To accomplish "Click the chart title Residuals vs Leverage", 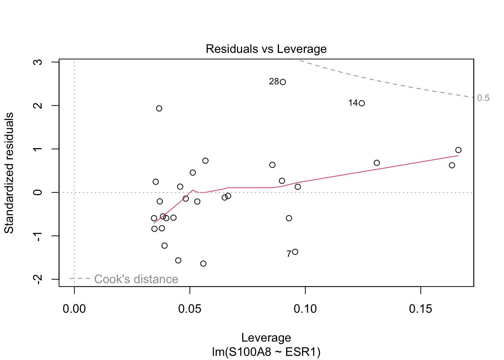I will click(266, 49).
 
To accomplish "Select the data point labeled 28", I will click(283, 82).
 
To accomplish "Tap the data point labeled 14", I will click(361, 103).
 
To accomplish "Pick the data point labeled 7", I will click(295, 252).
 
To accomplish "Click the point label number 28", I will click(274, 82).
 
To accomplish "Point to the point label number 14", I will click(353, 103).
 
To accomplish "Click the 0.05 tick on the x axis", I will click(190, 309).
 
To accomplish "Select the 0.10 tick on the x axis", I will click(305, 309).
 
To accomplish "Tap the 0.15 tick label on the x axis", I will click(420, 309).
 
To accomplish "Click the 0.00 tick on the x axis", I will click(74, 309).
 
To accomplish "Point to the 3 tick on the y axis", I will click(37, 62).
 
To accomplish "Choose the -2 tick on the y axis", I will click(37, 279).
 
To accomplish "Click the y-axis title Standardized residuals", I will click(9, 173).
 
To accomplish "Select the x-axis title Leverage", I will click(266, 338).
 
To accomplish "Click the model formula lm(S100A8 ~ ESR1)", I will click(266, 352).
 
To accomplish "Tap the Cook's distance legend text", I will click(136, 279).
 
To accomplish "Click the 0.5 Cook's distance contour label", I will click(483, 98).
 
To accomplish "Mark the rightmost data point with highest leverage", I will click(458, 150).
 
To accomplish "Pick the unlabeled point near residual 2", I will click(159, 108).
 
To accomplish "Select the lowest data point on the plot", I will click(203, 264).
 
